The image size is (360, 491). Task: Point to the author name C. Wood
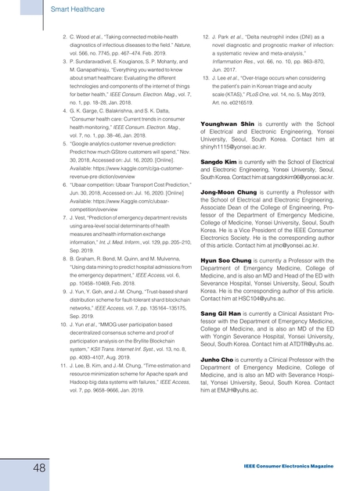click(x=82, y=36)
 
